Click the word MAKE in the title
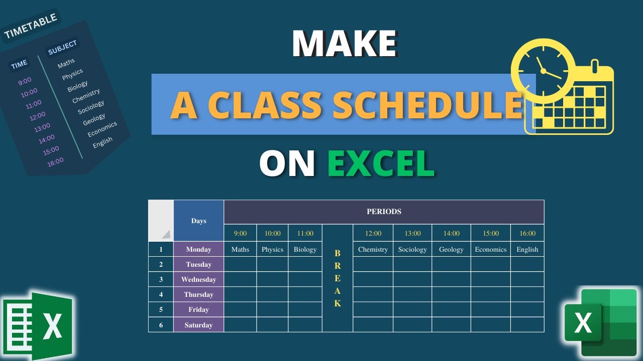tap(344, 44)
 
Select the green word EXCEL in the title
tap(381, 164)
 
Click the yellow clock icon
tap(543, 70)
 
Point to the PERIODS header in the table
tap(384, 212)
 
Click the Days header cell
tap(198, 221)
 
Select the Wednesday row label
tap(198, 279)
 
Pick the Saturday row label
tap(198, 325)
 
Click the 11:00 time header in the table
tap(305, 233)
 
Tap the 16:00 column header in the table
tap(527, 233)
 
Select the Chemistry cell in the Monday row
tap(373, 249)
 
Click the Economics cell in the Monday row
tap(491, 249)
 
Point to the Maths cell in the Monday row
tap(240, 249)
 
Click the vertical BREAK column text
tap(337, 278)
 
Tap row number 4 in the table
tap(161, 294)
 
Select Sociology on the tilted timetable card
tap(91, 107)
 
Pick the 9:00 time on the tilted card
tap(25, 80)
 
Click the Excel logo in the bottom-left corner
tap(38, 325)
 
